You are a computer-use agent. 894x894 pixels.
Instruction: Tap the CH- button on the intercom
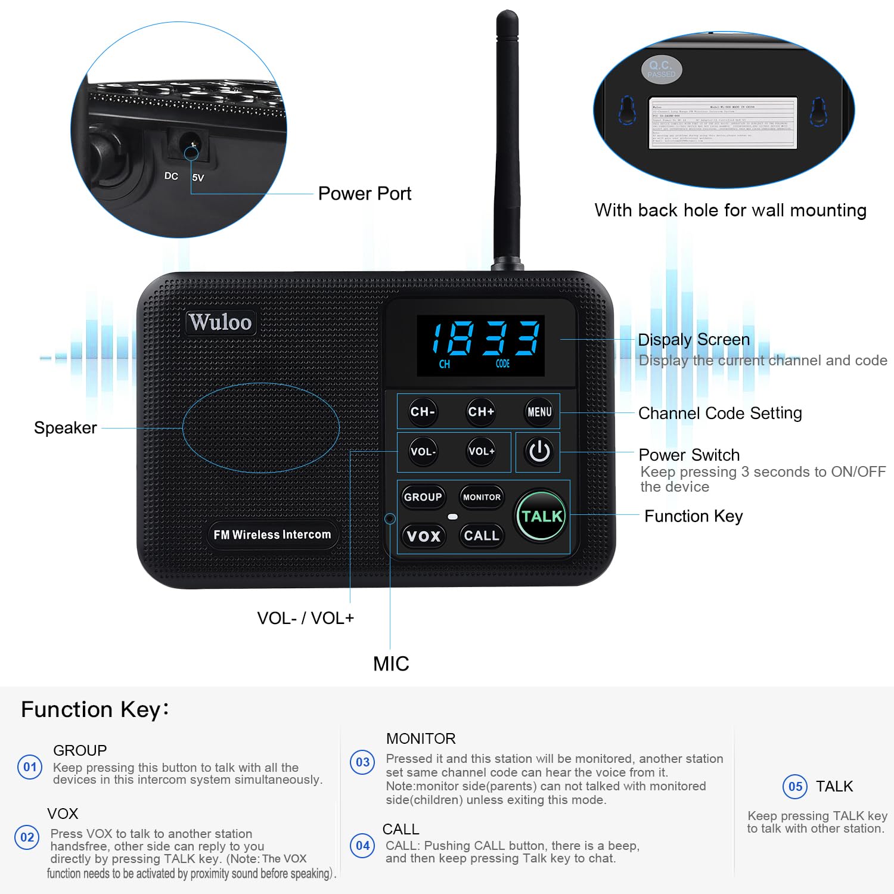click(423, 412)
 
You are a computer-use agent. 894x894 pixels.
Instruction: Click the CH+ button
click(481, 412)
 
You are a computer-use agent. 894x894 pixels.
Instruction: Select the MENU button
click(539, 412)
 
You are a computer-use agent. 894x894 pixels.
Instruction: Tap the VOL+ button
click(481, 452)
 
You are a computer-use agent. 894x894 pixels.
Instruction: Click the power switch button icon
click(539, 452)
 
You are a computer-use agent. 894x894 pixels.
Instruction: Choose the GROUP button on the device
click(423, 497)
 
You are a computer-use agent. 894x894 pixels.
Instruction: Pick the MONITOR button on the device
click(482, 497)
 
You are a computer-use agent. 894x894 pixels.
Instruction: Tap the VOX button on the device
click(423, 536)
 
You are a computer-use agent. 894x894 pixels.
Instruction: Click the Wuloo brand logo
click(221, 322)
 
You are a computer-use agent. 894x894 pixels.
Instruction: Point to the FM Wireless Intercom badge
click(272, 535)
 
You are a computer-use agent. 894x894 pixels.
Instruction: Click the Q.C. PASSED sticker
click(661, 69)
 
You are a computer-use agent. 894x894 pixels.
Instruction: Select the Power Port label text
click(365, 194)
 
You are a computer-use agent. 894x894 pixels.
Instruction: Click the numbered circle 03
click(362, 762)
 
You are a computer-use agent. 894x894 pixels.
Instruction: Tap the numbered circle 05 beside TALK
click(795, 787)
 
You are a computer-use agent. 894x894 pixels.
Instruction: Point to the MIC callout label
click(391, 664)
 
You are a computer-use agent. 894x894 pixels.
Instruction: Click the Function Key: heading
click(95, 710)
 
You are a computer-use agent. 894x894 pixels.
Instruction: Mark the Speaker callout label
click(66, 428)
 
